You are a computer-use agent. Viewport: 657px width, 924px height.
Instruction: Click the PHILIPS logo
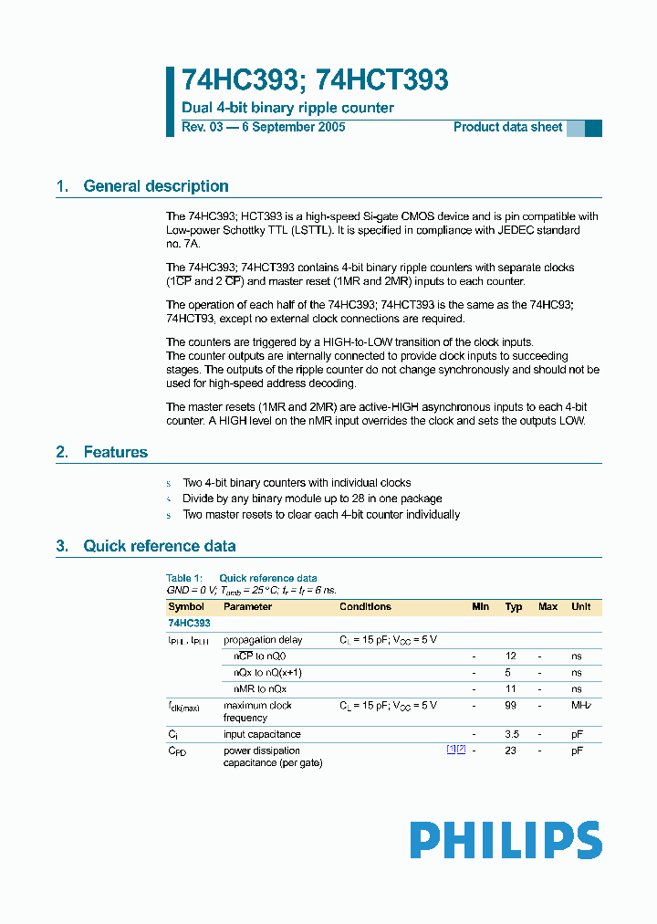[x=506, y=840]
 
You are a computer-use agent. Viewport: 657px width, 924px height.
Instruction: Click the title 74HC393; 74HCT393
[x=315, y=80]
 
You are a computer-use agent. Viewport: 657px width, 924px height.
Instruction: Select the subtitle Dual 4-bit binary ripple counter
[x=287, y=108]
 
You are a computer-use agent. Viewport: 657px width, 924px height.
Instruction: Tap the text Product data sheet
[x=507, y=127]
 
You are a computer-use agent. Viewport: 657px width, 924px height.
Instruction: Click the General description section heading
[x=155, y=186]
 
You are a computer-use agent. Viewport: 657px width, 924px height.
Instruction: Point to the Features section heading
[x=115, y=452]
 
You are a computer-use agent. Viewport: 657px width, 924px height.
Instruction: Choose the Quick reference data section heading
[x=159, y=546]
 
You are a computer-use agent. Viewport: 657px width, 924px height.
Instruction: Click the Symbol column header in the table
[x=186, y=606]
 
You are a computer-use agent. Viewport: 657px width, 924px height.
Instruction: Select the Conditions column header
[x=365, y=606]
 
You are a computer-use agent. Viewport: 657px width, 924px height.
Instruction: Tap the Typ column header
[x=514, y=606]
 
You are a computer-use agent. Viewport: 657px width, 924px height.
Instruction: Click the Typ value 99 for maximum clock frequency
[x=512, y=706]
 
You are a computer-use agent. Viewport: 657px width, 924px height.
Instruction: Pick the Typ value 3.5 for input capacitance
[x=513, y=734]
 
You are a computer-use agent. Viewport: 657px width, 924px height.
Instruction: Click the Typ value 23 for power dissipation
[x=512, y=751]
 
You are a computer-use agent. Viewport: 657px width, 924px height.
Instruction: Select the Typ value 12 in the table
[x=512, y=656]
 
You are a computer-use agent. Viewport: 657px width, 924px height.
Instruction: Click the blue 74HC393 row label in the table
[x=189, y=623]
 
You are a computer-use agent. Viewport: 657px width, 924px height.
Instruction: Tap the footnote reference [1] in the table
[x=451, y=750]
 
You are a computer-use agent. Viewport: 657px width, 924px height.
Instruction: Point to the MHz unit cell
[x=579, y=706]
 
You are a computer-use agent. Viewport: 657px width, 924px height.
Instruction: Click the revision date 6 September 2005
[x=292, y=127]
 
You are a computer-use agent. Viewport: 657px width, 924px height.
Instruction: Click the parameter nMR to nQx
[x=260, y=689]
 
